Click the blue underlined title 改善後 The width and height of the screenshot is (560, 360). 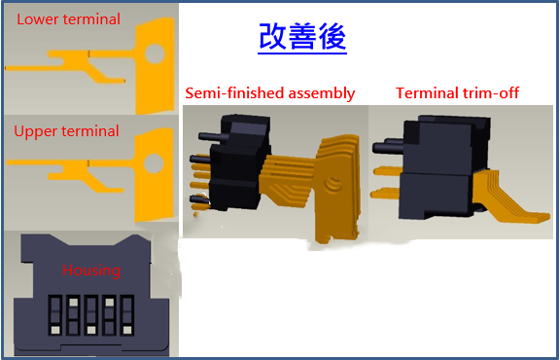(x=302, y=37)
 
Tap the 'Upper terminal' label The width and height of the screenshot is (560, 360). (x=67, y=130)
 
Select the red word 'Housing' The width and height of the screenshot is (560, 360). (x=91, y=270)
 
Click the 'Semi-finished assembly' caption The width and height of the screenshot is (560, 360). (x=270, y=93)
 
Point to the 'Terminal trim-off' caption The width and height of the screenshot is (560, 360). (x=458, y=93)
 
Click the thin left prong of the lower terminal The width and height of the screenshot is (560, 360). (x=39, y=69)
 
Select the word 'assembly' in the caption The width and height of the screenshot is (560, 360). (x=323, y=93)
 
